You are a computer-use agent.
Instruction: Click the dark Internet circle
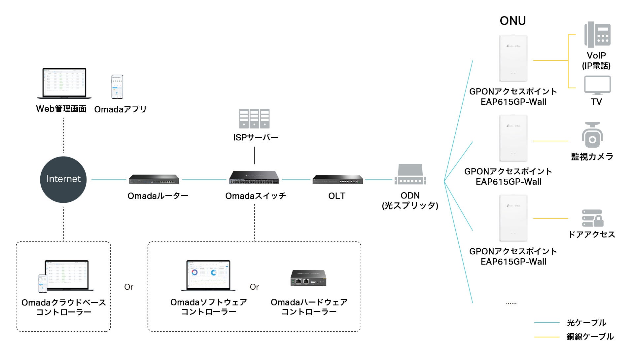click(63, 179)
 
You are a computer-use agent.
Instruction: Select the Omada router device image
click(154, 179)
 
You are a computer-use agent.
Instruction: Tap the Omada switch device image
click(254, 178)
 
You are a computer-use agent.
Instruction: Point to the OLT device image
click(337, 180)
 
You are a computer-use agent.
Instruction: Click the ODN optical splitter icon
click(410, 175)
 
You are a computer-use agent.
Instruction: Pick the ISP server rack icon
click(254, 119)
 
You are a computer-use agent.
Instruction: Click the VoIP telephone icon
click(597, 35)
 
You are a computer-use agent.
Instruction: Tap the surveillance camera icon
click(592, 135)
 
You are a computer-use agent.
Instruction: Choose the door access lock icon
click(592, 218)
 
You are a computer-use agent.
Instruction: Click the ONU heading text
click(512, 21)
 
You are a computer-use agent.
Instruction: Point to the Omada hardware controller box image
click(309, 278)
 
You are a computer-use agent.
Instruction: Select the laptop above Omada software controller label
click(208, 276)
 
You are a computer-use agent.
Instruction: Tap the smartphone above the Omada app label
click(117, 87)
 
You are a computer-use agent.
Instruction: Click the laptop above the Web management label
click(64, 83)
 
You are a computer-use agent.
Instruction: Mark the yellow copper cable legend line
click(546, 337)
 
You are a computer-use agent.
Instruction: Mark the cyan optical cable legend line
click(546, 322)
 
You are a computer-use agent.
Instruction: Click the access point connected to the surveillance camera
click(513, 138)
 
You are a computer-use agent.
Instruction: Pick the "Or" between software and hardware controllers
click(254, 287)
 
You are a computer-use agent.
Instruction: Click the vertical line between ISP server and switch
click(254, 155)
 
